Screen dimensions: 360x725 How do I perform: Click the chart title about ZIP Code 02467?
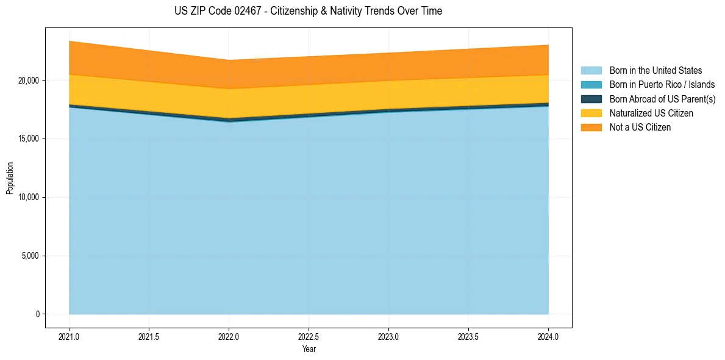[x=308, y=11]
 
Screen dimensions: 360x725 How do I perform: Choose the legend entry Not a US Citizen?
[x=640, y=128]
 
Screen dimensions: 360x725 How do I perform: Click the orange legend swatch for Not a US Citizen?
[x=591, y=128]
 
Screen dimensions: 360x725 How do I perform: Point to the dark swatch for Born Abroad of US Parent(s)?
[x=591, y=99]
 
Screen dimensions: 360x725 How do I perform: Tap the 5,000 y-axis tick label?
[x=30, y=256]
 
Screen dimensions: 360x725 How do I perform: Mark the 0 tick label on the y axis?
[x=37, y=314]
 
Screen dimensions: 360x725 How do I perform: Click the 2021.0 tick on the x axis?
[x=69, y=336]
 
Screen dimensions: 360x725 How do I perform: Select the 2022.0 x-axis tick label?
[x=229, y=336]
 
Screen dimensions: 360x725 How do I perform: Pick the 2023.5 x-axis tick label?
[x=468, y=336]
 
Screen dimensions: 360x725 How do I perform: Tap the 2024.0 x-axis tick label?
[x=548, y=336]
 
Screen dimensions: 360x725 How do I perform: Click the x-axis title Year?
[x=309, y=350]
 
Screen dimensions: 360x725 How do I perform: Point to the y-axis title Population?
[x=10, y=178]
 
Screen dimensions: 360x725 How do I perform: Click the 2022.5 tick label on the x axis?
[x=309, y=336]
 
